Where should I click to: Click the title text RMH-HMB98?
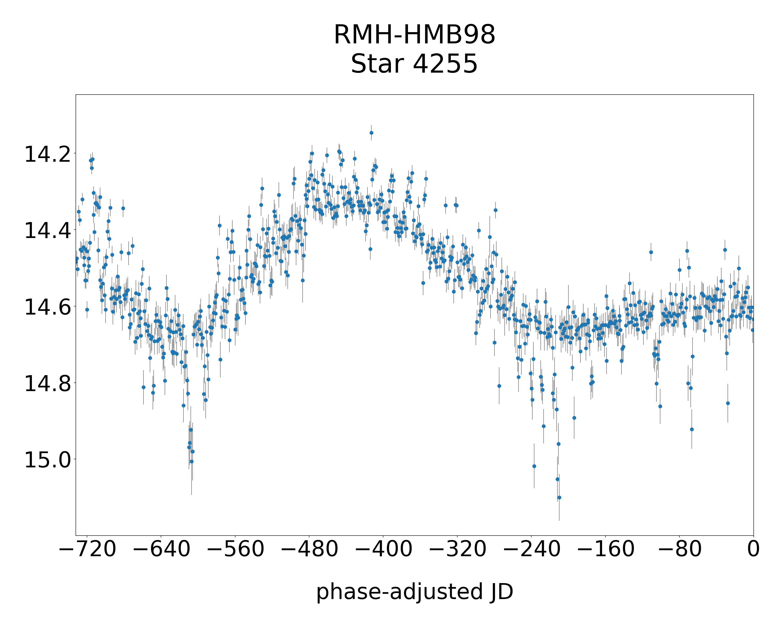coord(414,35)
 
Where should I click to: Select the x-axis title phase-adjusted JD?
coord(414,591)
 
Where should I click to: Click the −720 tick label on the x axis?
coord(87,548)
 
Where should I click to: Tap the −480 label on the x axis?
coord(309,548)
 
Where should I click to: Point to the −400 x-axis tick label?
coord(383,548)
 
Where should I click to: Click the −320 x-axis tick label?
coord(457,548)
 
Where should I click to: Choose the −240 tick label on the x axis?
coord(532,548)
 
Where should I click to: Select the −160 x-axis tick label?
coord(606,548)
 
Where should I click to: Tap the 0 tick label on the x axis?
coord(753,548)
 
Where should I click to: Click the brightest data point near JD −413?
coord(371,133)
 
